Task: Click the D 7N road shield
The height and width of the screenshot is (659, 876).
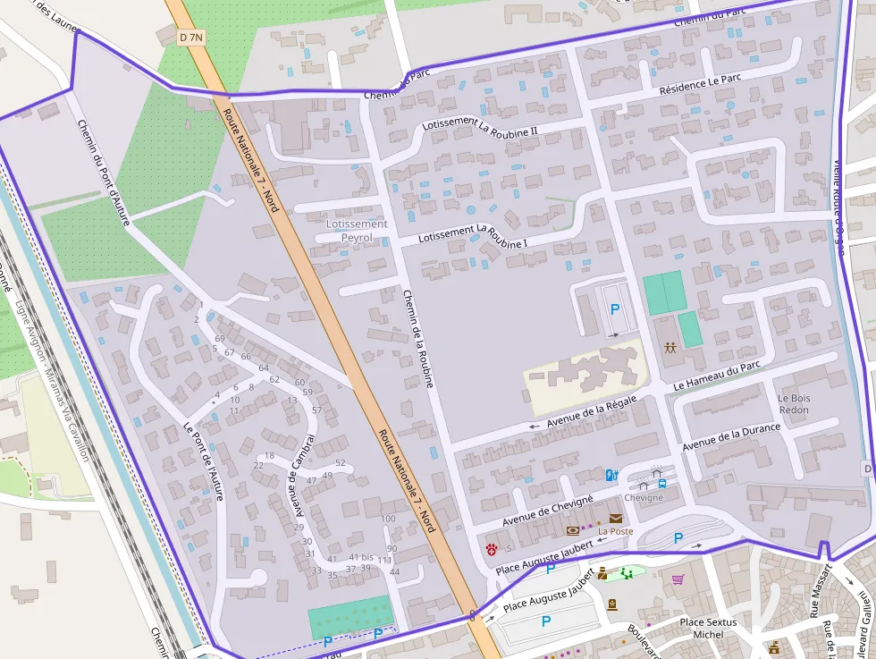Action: pos(191,38)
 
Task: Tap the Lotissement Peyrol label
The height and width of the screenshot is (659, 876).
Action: pos(358,231)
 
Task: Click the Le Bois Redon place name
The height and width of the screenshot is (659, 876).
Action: pos(793,404)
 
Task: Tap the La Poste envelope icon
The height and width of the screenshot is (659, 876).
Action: pos(616,518)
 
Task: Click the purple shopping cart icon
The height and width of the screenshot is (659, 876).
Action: pos(678,579)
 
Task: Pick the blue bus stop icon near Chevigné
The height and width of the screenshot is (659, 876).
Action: pos(661,484)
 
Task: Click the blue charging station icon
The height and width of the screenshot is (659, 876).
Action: pos(611,475)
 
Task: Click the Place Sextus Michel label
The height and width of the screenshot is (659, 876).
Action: pos(708,628)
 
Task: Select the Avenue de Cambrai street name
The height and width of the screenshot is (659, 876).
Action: pos(303,476)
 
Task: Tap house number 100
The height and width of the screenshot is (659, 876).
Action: pos(388,519)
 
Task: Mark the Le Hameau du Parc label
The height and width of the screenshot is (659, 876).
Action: pos(717,375)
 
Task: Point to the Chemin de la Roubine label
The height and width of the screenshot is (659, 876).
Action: pos(417,338)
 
